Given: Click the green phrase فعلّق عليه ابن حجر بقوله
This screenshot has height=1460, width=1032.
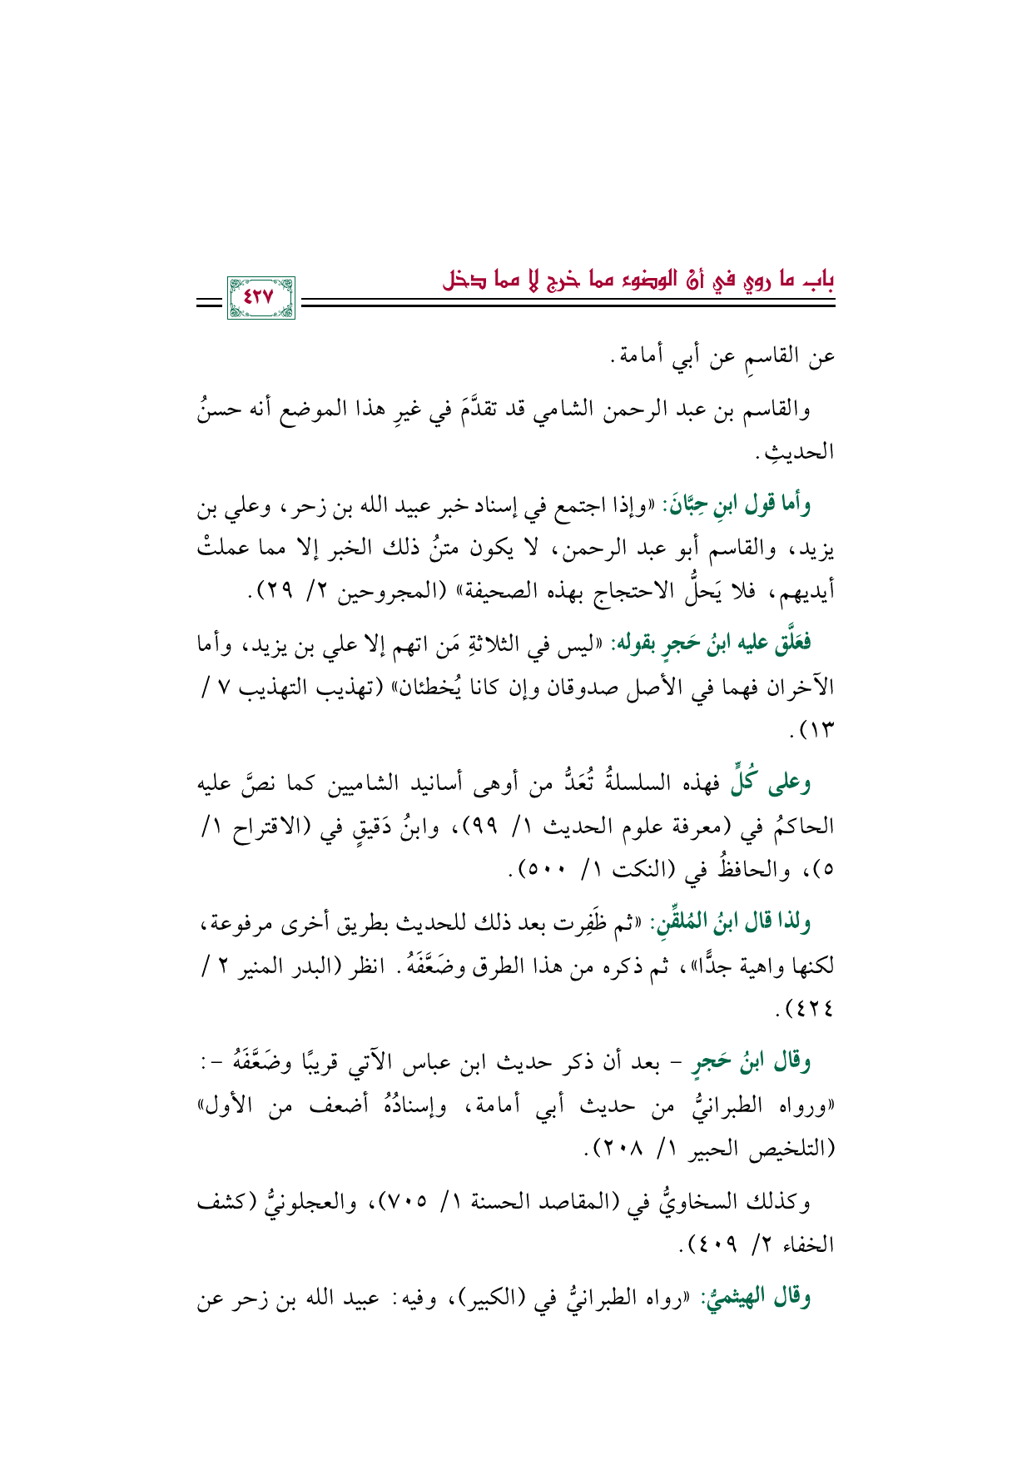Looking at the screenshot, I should pos(712,643).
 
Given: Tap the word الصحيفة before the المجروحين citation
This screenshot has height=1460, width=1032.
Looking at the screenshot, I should pos(487,593).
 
